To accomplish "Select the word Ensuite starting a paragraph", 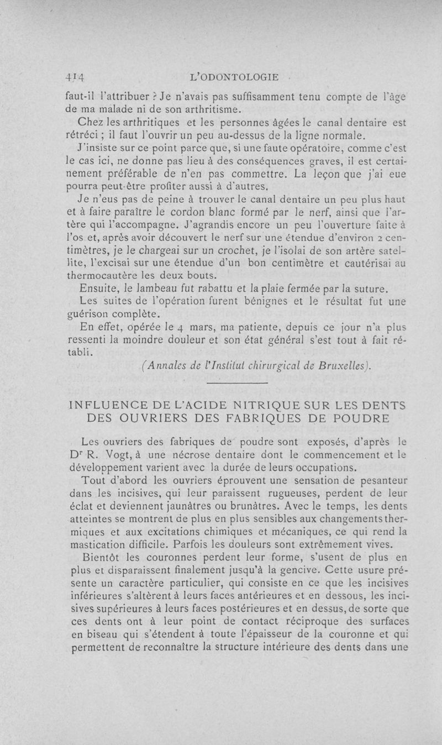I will coord(100,288).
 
